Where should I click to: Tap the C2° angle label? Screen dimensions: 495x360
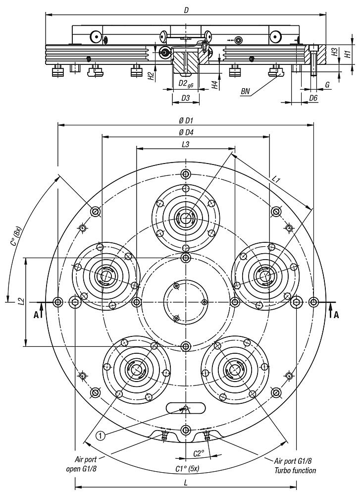pyautogui.click(x=198, y=453)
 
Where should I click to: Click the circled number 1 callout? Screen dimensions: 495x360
pyautogui.click(x=101, y=436)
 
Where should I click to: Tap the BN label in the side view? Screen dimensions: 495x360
pyautogui.click(x=246, y=91)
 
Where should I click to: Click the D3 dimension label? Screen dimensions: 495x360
pyautogui.click(x=185, y=98)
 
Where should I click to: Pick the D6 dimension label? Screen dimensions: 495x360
pyautogui.click(x=313, y=98)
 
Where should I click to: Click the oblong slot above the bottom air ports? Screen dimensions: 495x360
pyautogui.click(x=185, y=408)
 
